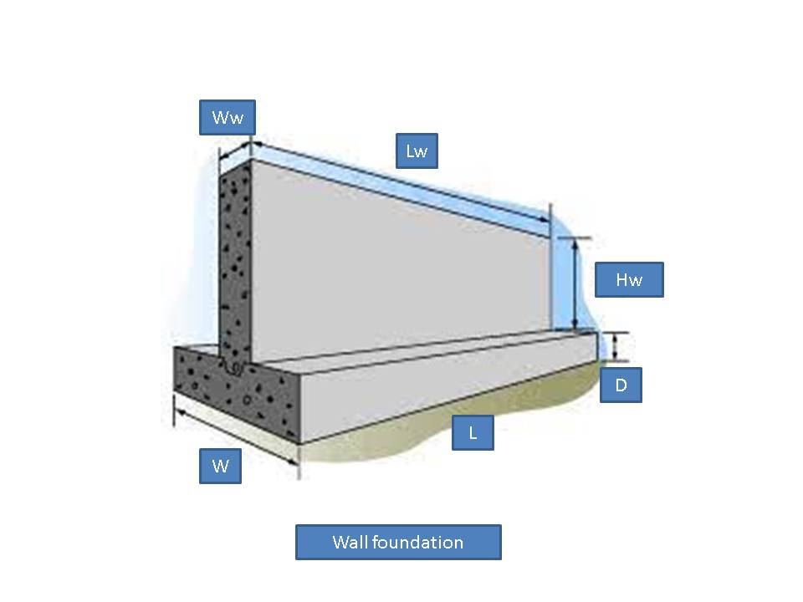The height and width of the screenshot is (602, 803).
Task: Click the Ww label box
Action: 228,117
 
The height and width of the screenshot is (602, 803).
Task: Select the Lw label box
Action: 417,151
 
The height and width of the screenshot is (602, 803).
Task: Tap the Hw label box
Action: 629,279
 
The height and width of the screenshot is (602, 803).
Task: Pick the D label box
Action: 621,385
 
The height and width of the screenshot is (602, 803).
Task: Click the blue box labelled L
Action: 473,433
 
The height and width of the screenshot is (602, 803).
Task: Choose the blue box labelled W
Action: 220,466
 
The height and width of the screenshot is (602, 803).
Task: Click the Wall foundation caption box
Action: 398,542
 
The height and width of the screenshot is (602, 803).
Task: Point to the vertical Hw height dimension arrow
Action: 575,284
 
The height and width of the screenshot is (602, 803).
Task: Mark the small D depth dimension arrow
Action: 615,346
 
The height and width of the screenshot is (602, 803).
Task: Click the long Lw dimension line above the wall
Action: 401,182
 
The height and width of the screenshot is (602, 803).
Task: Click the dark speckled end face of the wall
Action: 235,261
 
